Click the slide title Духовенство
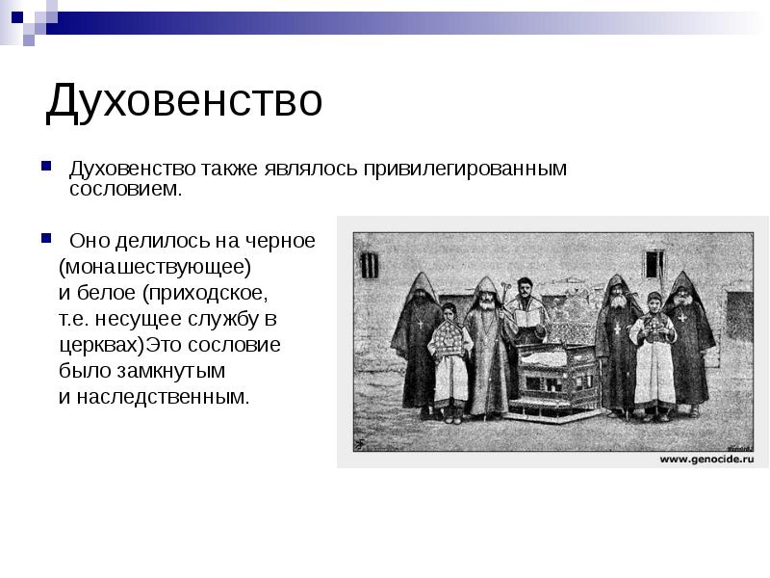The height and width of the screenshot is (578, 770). click(x=184, y=101)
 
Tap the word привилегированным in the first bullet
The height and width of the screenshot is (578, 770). click(x=465, y=169)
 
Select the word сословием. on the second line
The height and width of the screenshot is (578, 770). click(x=126, y=189)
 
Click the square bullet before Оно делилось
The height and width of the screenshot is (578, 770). click(x=46, y=239)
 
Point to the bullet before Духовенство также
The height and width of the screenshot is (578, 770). click(x=46, y=166)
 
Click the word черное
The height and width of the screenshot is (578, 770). click(x=280, y=242)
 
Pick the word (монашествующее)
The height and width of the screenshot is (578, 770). click(x=155, y=268)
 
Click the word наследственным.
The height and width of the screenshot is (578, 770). click(x=163, y=397)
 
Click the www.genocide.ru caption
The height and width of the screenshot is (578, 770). click(x=706, y=460)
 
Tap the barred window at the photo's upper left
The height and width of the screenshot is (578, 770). click(x=370, y=266)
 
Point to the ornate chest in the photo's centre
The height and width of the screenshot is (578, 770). click(x=556, y=379)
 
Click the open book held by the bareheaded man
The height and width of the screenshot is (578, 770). click(x=526, y=319)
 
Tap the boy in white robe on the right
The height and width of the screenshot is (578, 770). click(x=654, y=356)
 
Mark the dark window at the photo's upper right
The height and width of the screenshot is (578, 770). click(x=654, y=264)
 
